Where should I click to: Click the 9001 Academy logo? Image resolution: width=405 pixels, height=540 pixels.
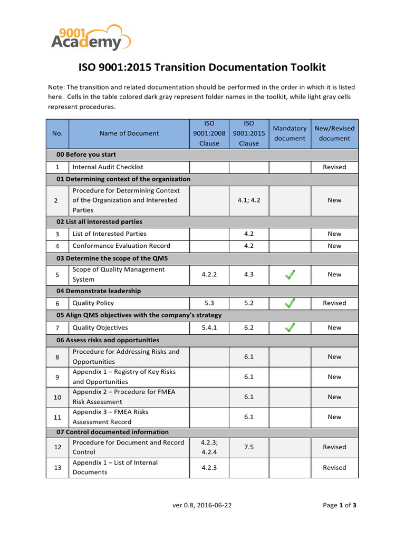click(91, 37)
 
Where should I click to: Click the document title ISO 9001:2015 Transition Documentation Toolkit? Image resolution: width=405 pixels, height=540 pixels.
click(202, 67)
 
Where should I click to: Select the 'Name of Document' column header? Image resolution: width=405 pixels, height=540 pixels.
click(129, 133)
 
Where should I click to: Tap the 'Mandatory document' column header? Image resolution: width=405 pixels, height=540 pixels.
click(290, 133)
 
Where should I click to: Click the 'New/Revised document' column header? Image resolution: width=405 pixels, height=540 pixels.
click(334, 133)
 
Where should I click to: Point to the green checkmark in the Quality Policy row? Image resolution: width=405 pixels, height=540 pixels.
click(290, 303)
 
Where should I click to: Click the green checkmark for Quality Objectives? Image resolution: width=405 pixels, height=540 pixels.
click(290, 327)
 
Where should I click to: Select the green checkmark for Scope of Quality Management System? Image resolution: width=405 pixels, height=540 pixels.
click(290, 274)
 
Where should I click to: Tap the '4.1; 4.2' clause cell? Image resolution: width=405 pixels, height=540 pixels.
click(249, 200)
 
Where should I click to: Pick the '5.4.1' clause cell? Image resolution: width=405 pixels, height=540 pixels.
click(209, 327)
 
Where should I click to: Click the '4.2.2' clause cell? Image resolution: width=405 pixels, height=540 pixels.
click(209, 274)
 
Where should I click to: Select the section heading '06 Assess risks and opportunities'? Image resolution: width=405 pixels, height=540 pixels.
click(108, 340)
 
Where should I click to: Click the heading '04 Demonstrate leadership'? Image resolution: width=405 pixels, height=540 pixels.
click(99, 291)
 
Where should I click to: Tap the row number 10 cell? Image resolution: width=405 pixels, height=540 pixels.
click(57, 397)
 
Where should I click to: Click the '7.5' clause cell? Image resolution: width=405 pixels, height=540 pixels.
click(249, 447)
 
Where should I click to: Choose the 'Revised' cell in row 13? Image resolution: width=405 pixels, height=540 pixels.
click(334, 468)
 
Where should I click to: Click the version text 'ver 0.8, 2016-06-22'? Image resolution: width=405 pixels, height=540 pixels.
click(202, 505)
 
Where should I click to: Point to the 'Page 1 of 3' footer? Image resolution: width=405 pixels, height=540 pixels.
click(340, 505)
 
